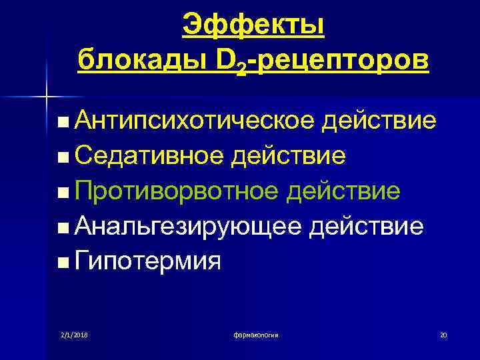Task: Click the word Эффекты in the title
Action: click(254, 25)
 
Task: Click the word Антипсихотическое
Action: click(194, 121)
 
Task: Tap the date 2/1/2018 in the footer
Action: click(73, 334)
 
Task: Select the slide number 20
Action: click(443, 334)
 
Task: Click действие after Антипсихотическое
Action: click(379, 121)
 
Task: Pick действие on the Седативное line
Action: click(288, 157)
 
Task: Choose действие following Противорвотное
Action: click(343, 191)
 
